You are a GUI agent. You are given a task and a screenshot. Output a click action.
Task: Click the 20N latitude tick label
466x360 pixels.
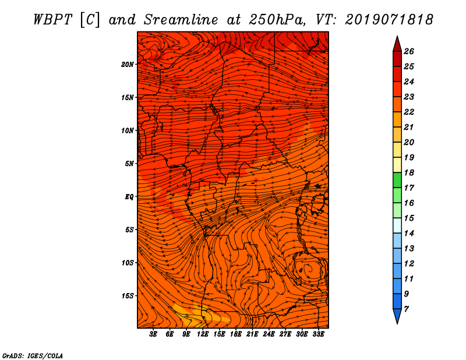coord(128,65)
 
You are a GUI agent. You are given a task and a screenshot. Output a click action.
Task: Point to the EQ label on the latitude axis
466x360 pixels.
coord(129,197)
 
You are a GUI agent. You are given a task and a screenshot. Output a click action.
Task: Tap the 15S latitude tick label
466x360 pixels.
coord(128,296)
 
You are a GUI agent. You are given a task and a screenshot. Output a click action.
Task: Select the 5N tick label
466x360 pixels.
coord(129,164)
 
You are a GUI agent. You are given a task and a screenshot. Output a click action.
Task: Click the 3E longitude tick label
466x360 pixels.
coord(153,334)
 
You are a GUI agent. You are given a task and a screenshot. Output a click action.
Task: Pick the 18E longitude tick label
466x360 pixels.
coord(236,334)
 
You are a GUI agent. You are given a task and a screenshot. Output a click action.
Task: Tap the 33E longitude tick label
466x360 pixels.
coord(318,334)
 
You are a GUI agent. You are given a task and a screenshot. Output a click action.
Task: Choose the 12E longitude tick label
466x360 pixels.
coord(203,334)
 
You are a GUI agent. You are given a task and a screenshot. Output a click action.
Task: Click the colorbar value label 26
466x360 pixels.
coord(409,51)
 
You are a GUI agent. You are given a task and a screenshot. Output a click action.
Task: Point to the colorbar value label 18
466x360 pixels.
coord(409,172)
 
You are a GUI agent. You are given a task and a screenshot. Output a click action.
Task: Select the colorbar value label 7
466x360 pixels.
coord(406,309)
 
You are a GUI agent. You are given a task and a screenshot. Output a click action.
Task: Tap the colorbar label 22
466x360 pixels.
coord(409,112)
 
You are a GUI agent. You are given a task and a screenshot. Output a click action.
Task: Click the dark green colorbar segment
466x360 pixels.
coord(397,180)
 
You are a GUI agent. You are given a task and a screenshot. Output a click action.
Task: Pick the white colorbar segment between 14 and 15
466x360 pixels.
coord(397,225)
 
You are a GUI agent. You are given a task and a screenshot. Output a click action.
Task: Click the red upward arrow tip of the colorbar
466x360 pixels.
coord(397,36)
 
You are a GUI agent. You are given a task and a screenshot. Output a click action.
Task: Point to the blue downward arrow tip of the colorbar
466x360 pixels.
coord(397,324)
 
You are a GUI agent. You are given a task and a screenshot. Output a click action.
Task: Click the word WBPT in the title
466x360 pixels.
coord(52,20)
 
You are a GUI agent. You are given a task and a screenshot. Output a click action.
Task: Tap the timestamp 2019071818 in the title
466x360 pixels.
coord(389,20)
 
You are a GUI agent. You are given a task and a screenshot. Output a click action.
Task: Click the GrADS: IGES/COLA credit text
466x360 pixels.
coord(33,355)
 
